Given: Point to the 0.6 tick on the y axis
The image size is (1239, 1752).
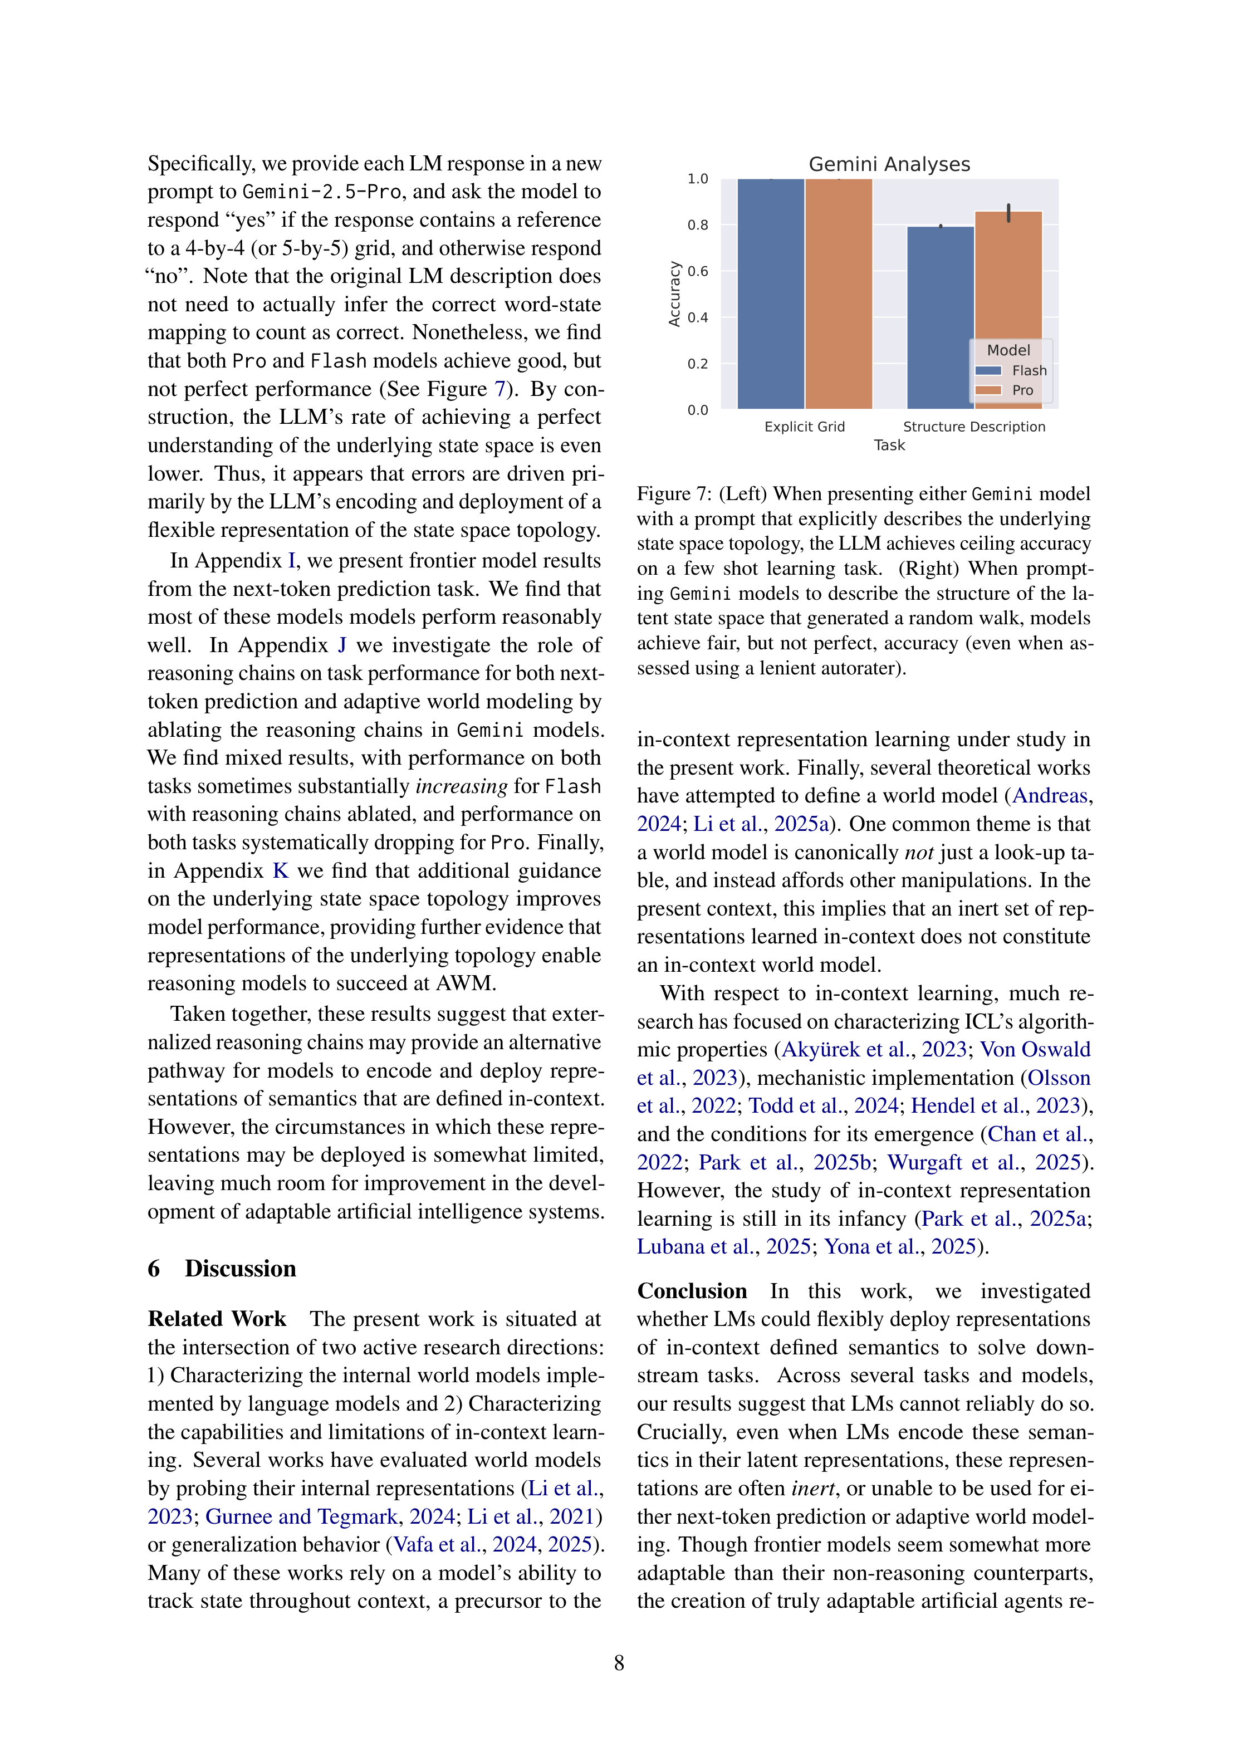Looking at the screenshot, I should click(697, 271).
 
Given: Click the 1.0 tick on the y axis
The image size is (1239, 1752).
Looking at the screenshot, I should click(697, 179).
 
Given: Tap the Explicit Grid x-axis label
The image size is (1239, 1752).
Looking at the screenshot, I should click(804, 427).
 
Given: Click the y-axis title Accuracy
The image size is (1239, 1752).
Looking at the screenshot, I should click(674, 294).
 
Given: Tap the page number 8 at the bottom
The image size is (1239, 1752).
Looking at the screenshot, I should click(619, 1663).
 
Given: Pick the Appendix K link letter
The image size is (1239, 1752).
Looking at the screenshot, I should click(281, 870).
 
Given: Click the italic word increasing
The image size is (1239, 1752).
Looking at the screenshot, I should click(461, 786).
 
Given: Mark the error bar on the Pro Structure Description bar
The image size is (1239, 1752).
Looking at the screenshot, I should click(1008, 213).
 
